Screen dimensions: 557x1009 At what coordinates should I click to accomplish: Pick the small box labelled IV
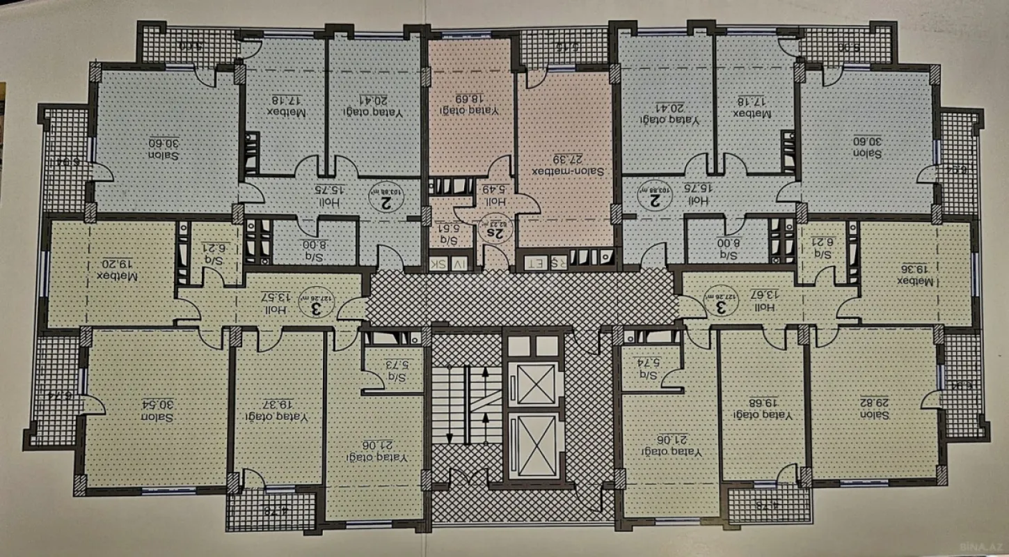(457, 263)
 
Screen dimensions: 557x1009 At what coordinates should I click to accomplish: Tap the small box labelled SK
(438, 263)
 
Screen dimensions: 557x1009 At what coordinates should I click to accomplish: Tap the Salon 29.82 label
(875, 408)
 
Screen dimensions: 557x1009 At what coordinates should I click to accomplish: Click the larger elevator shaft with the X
(532, 446)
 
